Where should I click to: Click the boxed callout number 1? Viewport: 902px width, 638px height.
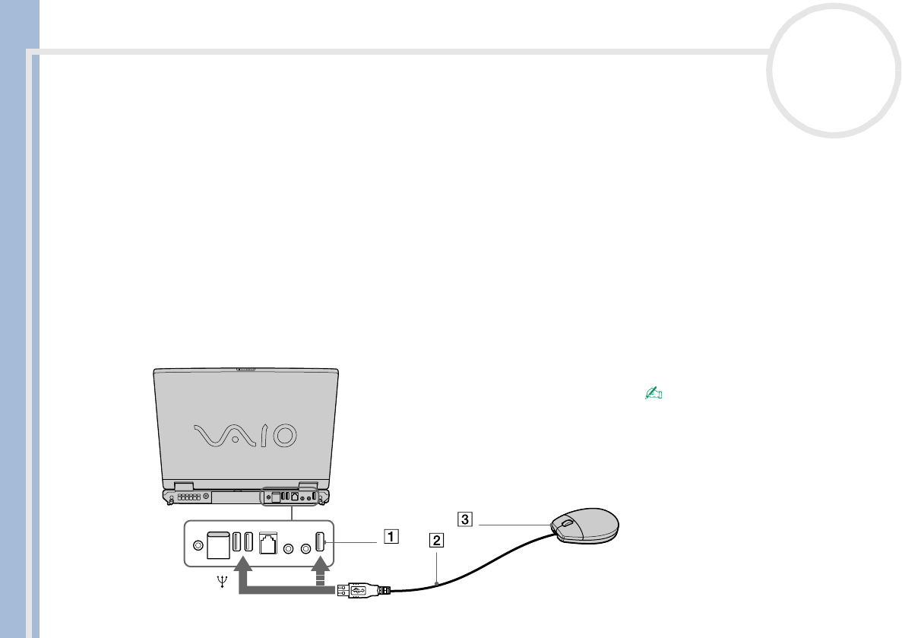pyautogui.click(x=389, y=536)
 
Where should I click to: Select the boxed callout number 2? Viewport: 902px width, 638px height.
pyautogui.click(x=435, y=541)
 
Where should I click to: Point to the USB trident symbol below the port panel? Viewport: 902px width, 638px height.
pyautogui.click(x=221, y=582)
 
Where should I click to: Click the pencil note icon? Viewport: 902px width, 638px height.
pyautogui.click(x=654, y=393)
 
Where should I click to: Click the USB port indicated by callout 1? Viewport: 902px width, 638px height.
pyautogui.click(x=319, y=542)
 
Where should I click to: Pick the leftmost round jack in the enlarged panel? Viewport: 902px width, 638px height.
pyautogui.click(x=199, y=545)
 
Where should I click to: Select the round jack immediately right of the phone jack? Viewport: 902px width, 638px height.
pyautogui.click(x=289, y=547)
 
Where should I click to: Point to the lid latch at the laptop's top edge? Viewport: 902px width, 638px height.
pyautogui.click(x=245, y=370)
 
